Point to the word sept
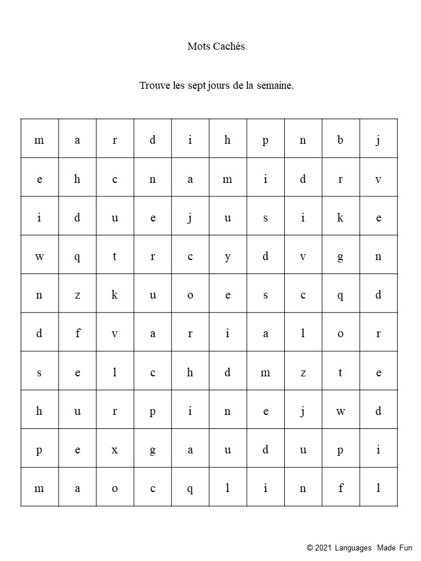pos(197,86)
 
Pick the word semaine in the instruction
pos(274,86)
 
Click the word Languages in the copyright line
pos(353,548)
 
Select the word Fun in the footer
pos(406,548)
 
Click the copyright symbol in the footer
pos(310,548)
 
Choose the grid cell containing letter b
pos(340,140)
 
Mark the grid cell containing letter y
pos(227,257)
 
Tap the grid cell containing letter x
pos(115,450)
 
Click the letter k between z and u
pos(115,295)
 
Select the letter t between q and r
pos(115,257)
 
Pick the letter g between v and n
pos(340,257)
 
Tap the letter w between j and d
pos(340,411)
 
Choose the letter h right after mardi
pos(227,140)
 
